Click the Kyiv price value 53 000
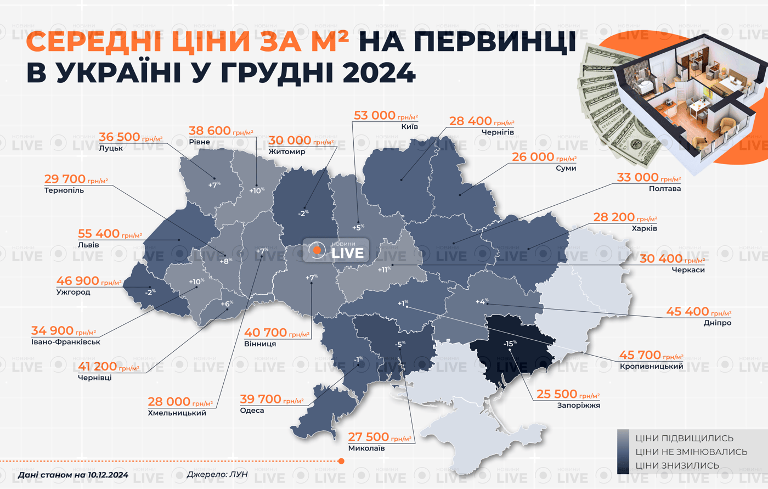click(375, 115)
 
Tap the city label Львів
click(88, 245)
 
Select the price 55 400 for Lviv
click(99, 234)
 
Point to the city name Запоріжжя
click(578, 406)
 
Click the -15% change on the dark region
click(510, 344)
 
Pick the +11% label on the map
click(384, 269)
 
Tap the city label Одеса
click(252, 411)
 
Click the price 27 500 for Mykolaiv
click(369, 437)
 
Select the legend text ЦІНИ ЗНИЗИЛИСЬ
click(677, 465)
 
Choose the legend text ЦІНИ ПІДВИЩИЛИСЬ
click(684, 438)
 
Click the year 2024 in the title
click(379, 72)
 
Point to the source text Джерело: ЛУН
click(217, 474)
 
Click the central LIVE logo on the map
click(336, 251)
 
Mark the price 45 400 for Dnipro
click(687, 312)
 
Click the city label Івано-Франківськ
click(66, 342)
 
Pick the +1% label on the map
click(403, 303)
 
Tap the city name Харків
click(644, 228)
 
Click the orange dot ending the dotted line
click(341, 461)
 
